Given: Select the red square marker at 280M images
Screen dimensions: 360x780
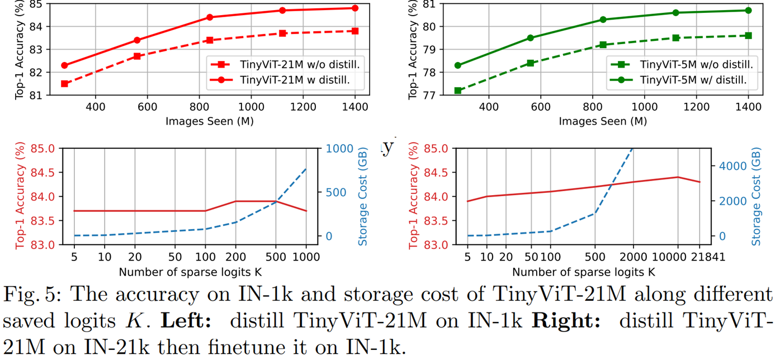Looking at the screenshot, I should click(x=64, y=84).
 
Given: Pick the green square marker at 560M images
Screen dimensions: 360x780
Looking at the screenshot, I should click(x=531, y=63).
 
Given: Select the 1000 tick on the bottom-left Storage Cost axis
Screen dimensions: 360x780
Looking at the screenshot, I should click(x=339, y=149).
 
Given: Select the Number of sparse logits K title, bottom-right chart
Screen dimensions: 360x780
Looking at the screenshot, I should click(x=584, y=272).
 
